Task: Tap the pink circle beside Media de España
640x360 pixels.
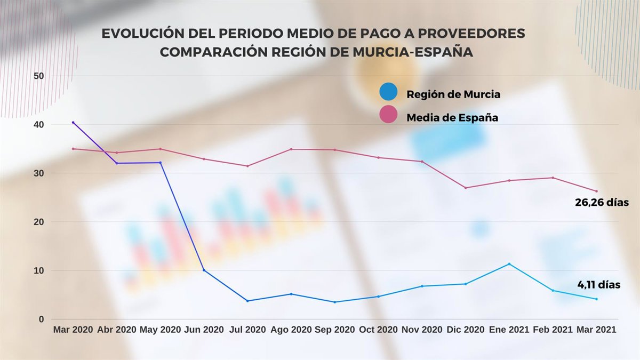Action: point(388,114)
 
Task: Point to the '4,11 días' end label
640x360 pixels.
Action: point(599,285)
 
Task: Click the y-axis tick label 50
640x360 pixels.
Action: point(38,76)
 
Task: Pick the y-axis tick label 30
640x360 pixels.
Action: point(38,173)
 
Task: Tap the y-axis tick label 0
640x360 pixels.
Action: point(41,319)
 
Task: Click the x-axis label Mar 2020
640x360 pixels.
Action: point(73,330)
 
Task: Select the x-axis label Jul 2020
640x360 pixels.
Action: point(247,330)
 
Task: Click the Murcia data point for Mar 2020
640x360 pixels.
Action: point(73,123)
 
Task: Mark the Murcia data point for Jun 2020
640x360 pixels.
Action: point(204,270)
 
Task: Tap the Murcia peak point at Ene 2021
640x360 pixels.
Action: point(509,264)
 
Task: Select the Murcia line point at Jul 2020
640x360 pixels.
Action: point(247,301)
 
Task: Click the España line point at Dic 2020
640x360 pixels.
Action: point(465,188)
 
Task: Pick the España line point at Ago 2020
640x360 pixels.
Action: point(291,149)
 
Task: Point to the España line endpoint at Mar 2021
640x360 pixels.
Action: point(596,191)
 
